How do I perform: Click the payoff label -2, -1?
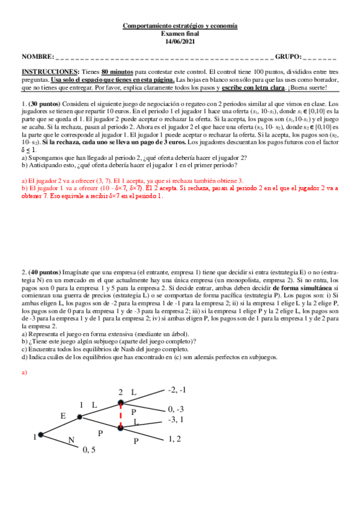(x=178, y=391)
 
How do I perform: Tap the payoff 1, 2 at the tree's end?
(x=175, y=439)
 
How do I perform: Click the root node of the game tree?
(x=40, y=434)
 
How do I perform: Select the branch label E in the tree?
(x=63, y=416)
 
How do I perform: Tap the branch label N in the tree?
(x=71, y=441)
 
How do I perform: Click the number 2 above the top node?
(x=120, y=392)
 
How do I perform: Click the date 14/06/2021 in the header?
(x=180, y=41)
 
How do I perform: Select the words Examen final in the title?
(x=180, y=34)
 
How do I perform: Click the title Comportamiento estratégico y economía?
(x=180, y=26)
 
